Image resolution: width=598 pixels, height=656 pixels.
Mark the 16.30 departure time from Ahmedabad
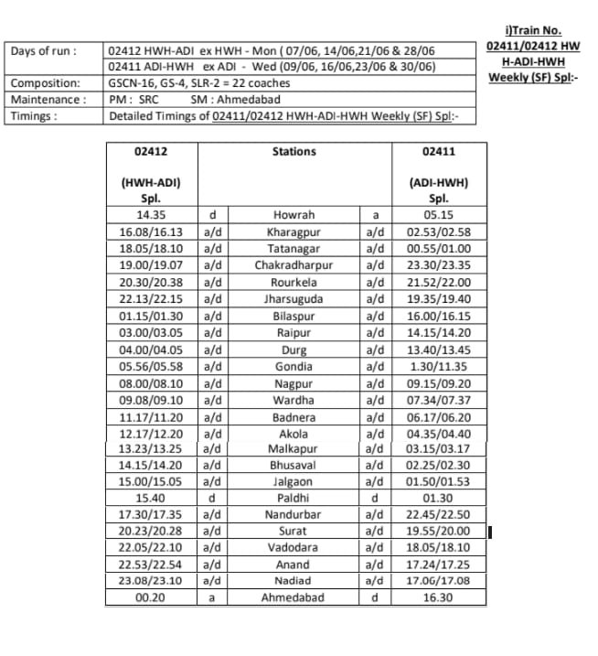pos(438,597)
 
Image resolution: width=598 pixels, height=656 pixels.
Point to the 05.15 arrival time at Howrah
pos(438,216)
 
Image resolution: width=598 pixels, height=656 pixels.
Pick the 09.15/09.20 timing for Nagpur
pos(438,383)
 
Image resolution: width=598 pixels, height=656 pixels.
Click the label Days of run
pos(44,50)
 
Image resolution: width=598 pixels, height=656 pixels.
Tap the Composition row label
pos(41,83)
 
